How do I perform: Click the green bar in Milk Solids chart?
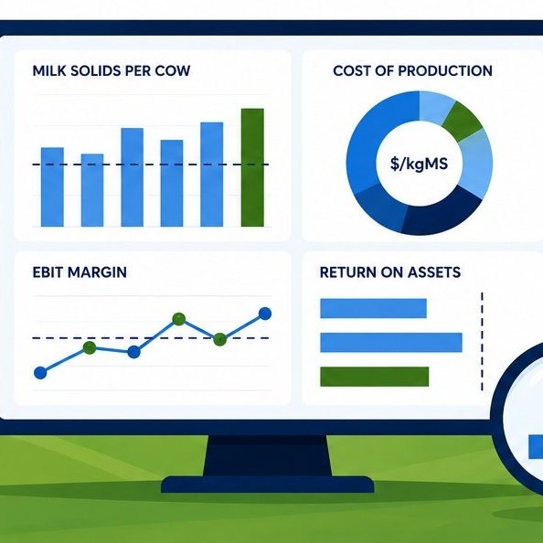[x=252, y=167]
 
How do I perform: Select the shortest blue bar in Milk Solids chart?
[x=92, y=190]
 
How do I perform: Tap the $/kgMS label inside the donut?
[x=419, y=163]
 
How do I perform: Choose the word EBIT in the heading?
[x=48, y=272]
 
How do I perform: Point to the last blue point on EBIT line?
[x=265, y=314]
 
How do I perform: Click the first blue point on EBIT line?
[x=40, y=373]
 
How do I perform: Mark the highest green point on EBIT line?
[x=178, y=319]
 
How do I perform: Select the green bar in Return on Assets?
[x=375, y=377]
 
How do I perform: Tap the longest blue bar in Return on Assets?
[x=391, y=343]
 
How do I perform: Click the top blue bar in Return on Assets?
[x=373, y=308]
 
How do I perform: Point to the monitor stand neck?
[x=267, y=455]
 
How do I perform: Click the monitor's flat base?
[x=267, y=484]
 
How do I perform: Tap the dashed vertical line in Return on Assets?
[x=482, y=342]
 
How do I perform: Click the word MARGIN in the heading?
[x=97, y=272]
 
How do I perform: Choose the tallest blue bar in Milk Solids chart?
[x=211, y=175]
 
